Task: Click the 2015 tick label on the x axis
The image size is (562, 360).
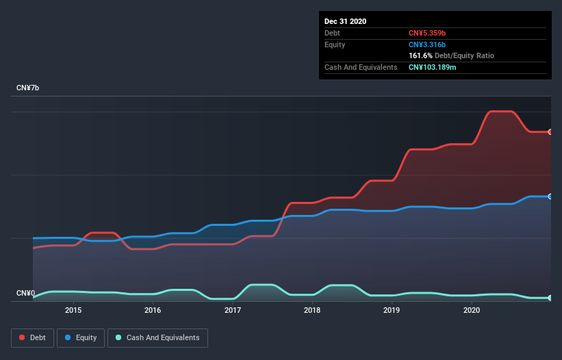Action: (73, 310)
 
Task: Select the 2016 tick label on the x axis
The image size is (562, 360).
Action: (153, 310)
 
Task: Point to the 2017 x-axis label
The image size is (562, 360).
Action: (233, 310)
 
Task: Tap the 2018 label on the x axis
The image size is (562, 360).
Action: (312, 310)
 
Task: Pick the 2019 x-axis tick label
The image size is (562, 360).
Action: (392, 310)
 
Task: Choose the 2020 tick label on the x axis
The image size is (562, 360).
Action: (472, 310)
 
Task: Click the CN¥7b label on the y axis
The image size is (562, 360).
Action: (28, 88)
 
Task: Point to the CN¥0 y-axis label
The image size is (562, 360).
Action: (26, 294)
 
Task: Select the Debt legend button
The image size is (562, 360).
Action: (32, 337)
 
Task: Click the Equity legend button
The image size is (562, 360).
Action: (81, 337)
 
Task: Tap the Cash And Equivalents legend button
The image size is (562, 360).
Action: (157, 337)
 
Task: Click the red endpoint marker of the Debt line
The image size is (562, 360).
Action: (550, 131)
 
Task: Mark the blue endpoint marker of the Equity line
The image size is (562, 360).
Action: (550, 196)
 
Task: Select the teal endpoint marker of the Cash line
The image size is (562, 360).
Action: (550, 298)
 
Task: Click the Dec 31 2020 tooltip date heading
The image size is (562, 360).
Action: (345, 21)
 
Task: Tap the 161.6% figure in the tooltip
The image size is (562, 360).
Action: (421, 55)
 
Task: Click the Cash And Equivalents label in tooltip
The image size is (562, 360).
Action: (361, 67)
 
